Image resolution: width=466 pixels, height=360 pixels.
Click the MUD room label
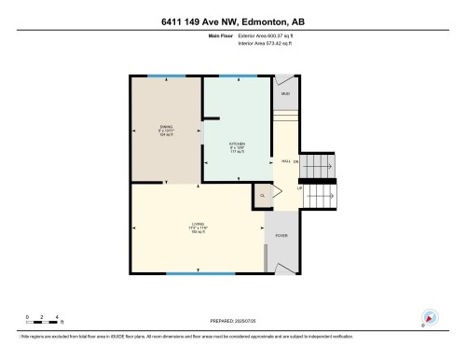286,94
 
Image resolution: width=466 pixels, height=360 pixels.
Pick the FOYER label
281,236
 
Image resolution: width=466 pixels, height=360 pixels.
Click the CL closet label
263,196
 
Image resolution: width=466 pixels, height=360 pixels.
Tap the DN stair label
297,161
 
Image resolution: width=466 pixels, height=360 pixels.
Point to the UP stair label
300,189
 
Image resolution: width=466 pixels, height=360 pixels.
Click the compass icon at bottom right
430,318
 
